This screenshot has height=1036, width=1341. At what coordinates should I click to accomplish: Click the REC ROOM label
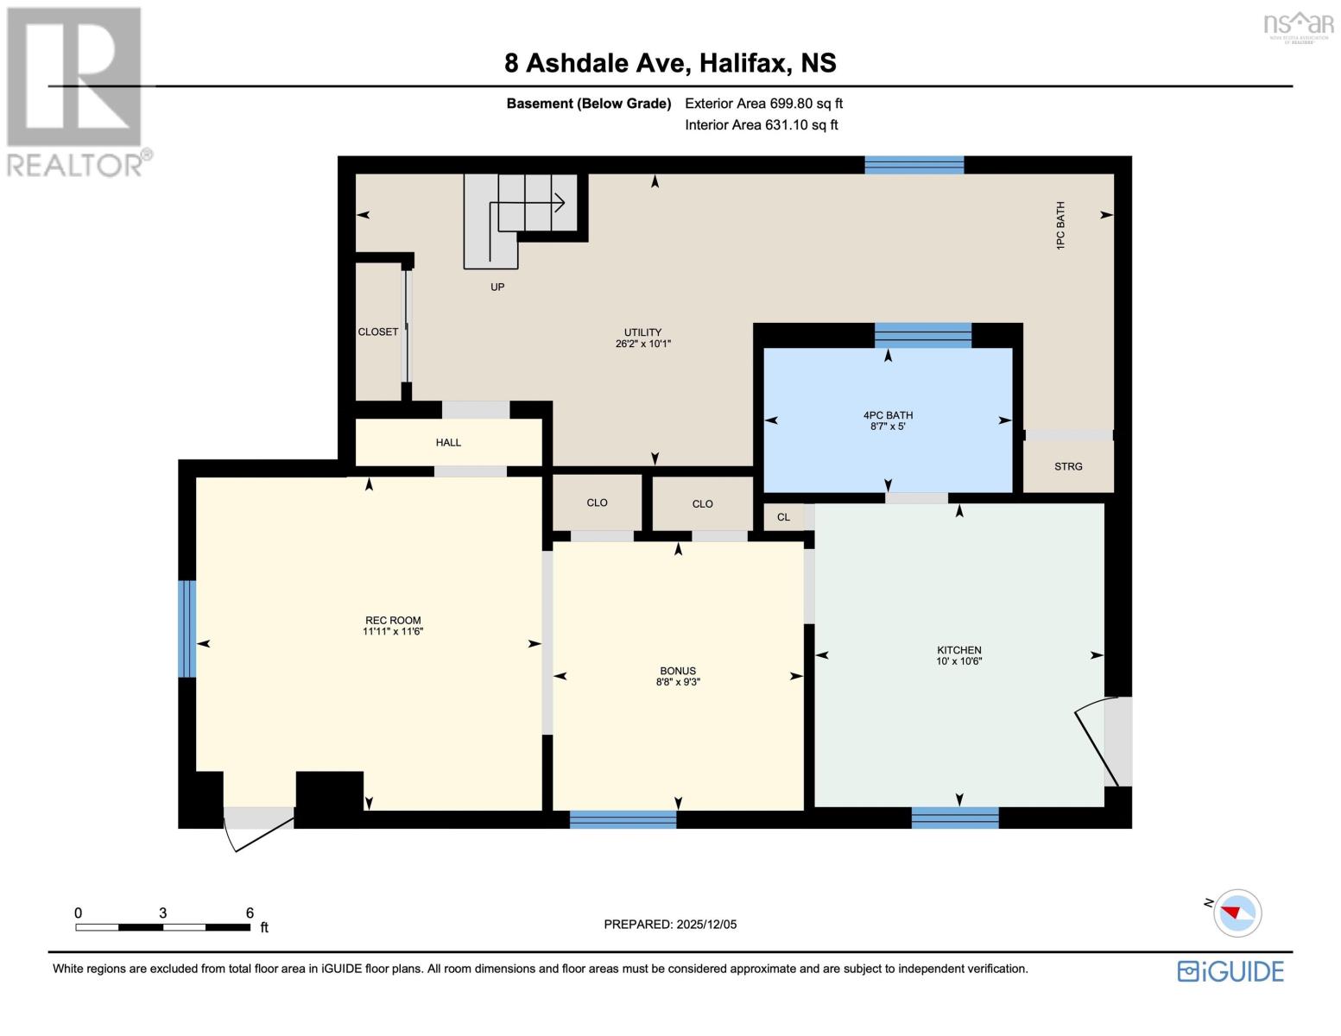pos(392,621)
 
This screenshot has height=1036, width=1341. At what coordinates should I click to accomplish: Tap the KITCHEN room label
pos(958,650)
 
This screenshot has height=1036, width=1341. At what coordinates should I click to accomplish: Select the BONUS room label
pos(677,671)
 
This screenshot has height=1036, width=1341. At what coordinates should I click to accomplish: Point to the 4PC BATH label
pos(888,414)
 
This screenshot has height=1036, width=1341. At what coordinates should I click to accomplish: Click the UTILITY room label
pos(642,332)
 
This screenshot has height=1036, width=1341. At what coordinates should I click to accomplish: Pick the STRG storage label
pos(1067,466)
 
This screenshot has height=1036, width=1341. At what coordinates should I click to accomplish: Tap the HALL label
pos(448,443)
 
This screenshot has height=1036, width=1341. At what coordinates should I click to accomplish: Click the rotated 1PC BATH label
pos(1060,226)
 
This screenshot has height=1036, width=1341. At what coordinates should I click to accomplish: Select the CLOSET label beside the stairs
pos(378,332)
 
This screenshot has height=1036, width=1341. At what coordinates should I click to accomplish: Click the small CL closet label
pos(783,517)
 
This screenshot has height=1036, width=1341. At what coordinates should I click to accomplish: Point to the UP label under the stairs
pos(497,287)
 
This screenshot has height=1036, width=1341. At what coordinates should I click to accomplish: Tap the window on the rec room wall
pos(187,628)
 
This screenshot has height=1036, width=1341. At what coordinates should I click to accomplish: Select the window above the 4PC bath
pos(922,335)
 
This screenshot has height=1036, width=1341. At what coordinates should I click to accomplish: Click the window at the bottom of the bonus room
pos(623,819)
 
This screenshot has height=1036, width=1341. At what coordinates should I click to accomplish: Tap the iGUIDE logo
pos(1230,971)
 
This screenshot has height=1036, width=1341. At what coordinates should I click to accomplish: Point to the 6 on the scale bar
pos(250,913)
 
